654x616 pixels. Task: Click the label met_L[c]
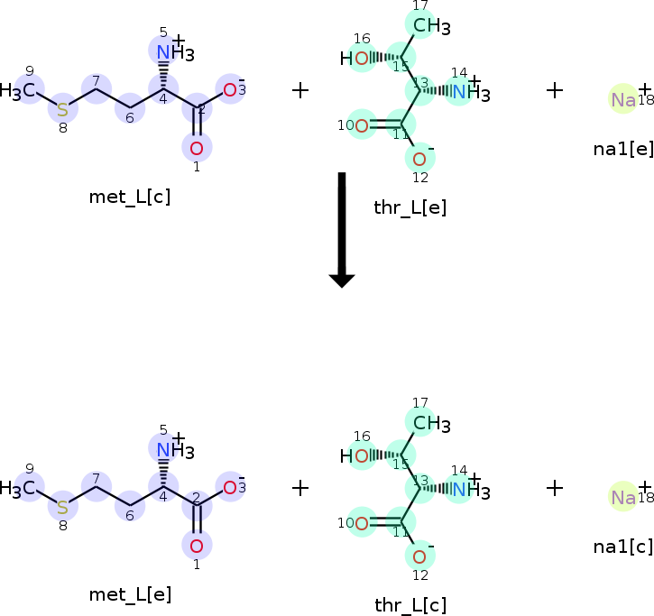pos(130,197)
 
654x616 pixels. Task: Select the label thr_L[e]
pos(410,208)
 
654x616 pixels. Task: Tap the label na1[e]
pos(623,149)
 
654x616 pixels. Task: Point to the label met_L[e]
pos(130,594)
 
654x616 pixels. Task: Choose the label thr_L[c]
pos(410,605)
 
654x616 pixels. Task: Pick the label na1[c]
pos(623,546)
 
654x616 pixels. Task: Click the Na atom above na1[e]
pos(623,99)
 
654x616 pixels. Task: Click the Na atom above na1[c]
pos(623,497)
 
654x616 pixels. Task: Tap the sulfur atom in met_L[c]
pos(62,109)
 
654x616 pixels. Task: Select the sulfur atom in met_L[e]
pos(62,506)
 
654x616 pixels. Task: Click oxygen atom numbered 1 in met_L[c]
pos(197,147)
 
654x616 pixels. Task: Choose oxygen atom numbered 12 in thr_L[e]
pos(419,160)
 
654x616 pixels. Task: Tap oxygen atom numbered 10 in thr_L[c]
pos(361,521)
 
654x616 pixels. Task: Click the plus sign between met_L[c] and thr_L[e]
pos(300,90)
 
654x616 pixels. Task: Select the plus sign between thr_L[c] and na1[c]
pos(555,488)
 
